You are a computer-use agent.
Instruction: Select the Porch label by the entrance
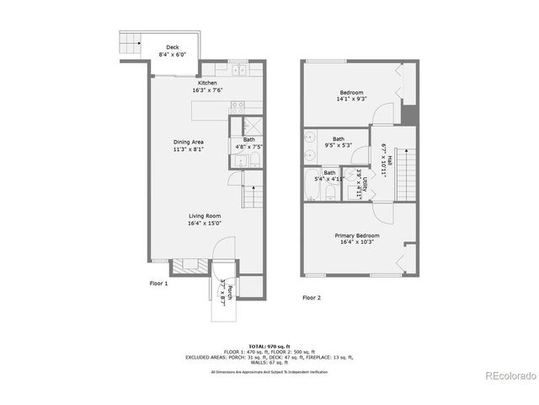point(226,291)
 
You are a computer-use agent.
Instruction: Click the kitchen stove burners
point(237,106)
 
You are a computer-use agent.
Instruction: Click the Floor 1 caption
point(159,283)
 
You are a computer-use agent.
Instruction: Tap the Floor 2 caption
point(312,297)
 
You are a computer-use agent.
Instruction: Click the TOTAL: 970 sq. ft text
point(269,346)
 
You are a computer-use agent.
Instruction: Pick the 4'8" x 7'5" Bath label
point(249,143)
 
